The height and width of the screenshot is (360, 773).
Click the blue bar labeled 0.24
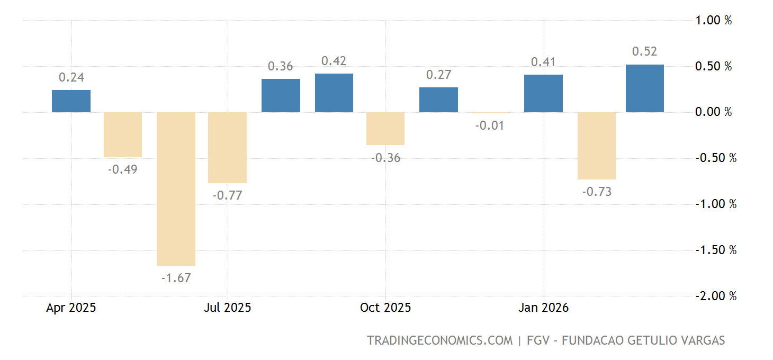pos(71,101)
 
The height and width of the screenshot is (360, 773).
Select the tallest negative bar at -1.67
pos(176,188)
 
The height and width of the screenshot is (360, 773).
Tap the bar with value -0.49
pos(123,134)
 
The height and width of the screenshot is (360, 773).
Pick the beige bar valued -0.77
pos(228,147)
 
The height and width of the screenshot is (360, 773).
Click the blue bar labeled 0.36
pos(281,95)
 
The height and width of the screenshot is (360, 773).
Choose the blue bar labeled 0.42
pos(334,93)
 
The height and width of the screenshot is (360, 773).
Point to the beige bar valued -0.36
pos(385,128)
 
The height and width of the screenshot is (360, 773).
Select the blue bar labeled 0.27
pos(438,100)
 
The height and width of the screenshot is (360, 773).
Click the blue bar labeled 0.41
pos(543,93)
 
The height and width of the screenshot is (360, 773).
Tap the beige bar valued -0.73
pos(596,146)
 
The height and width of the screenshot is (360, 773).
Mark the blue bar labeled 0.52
pos(644,88)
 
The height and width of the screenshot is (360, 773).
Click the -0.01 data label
pos(490,126)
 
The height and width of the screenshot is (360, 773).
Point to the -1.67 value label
pos(176,278)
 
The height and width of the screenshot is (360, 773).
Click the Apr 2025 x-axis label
pos(71,308)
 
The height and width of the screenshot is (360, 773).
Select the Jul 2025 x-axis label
pos(227,308)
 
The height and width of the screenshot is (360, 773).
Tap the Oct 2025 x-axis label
pos(385,308)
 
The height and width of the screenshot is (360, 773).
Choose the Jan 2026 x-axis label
pos(543,308)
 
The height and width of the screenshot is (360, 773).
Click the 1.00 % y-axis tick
pos(713,21)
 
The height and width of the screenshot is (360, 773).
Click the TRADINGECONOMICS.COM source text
pos(440,340)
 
